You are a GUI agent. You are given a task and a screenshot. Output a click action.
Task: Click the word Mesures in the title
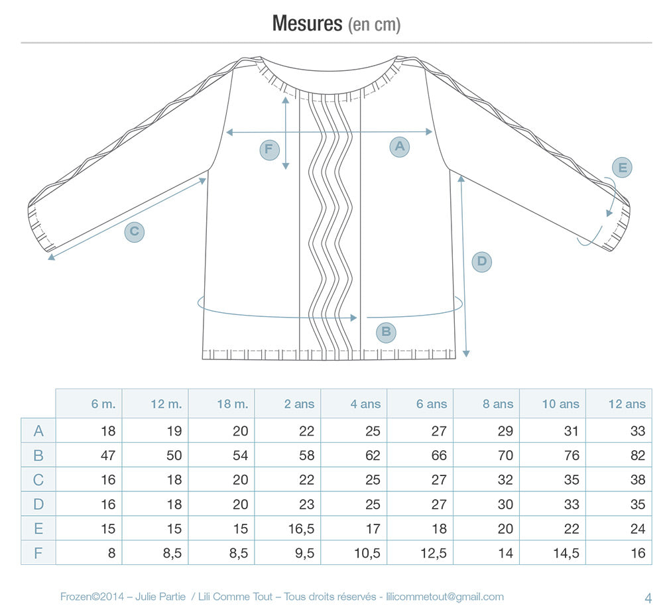[307, 23]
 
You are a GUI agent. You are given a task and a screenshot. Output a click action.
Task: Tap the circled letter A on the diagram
[400, 147]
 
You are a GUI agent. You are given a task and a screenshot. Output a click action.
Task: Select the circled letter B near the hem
[386, 332]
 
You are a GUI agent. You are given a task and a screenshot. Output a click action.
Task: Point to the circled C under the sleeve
[135, 231]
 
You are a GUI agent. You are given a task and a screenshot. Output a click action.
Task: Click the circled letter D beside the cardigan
[481, 261]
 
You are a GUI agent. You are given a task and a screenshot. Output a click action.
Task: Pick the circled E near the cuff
[623, 168]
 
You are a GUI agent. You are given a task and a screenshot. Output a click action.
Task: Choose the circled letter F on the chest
[269, 150]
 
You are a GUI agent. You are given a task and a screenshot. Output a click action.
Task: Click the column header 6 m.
[103, 404]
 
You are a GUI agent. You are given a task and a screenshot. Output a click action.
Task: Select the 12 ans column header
[627, 404]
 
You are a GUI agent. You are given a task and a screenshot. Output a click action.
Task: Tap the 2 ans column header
[299, 404]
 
